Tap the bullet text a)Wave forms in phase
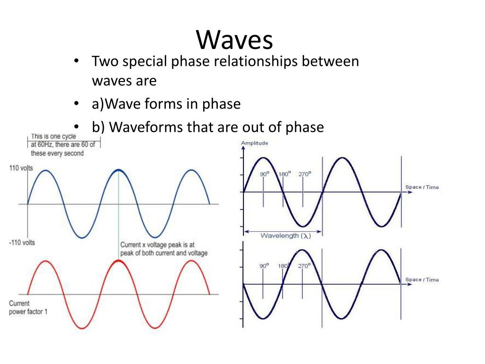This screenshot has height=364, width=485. click(x=166, y=104)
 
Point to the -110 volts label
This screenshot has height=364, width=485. click(x=22, y=243)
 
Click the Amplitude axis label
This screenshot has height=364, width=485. click(x=254, y=143)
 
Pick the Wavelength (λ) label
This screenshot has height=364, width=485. click(x=285, y=235)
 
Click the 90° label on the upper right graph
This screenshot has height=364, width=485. click(x=264, y=174)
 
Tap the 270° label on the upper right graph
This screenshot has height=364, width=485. click(x=304, y=174)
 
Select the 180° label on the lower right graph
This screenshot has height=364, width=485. click(x=284, y=266)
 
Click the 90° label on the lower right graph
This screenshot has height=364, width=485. click(x=264, y=266)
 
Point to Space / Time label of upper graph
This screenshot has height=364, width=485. click(x=422, y=187)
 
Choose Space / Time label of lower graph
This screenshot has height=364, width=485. click(x=422, y=280)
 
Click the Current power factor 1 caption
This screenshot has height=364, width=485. click(x=28, y=308)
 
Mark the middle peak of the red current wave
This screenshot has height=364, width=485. click(x=118, y=261)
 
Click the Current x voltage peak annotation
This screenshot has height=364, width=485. click(x=164, y=249)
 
